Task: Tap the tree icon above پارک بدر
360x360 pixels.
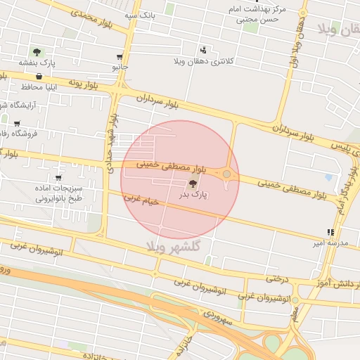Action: (193, 183)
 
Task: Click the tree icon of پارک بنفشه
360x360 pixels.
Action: (37, 52)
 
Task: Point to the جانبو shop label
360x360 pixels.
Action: (120, 67)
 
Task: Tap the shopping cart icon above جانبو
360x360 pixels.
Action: (120, 58)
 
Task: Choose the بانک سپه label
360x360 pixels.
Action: (139, 14)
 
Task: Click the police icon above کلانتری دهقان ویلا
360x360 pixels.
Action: (203, 50)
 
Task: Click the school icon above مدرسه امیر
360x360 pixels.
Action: (330, 232)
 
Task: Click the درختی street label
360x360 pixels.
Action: (277, 278)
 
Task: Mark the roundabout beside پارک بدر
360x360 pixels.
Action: (226, 174)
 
